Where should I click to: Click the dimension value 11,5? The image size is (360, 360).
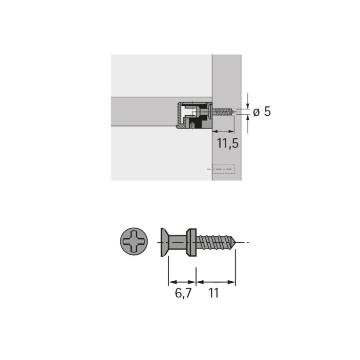coord(227,143)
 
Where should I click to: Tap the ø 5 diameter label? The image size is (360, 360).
coord(262,112)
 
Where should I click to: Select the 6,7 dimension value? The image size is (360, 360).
coord(183,293)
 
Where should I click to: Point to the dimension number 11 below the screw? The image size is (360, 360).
coord(213,293)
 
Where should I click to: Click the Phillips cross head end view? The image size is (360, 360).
coord(134,241)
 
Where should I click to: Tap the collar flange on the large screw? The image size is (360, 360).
coord(191,242)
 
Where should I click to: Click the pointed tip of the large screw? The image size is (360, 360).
coord(236,242)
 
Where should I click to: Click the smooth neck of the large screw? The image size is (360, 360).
coord(177,242)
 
